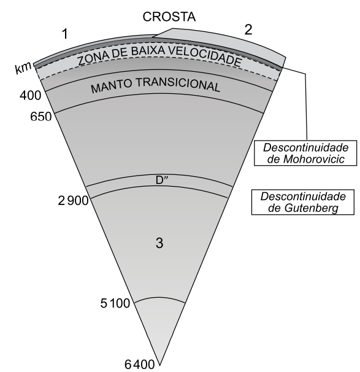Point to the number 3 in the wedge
tap(159, 242)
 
